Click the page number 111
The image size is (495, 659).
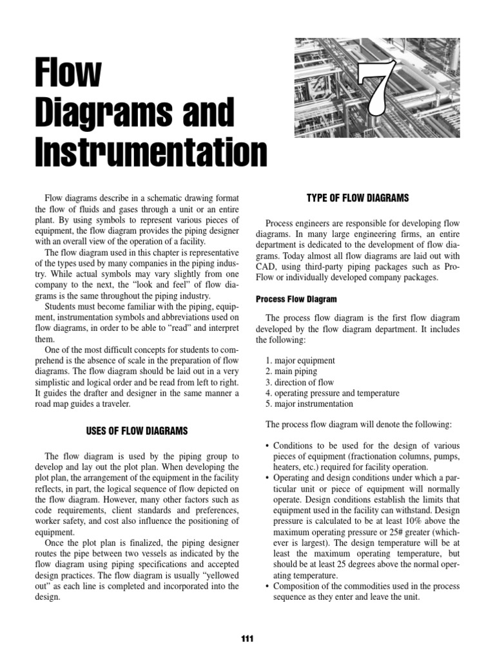coord(247,638)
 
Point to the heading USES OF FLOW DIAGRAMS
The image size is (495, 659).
coord(137,430)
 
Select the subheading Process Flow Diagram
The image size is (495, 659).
coord(296,299)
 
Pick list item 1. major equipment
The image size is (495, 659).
coord(300,360)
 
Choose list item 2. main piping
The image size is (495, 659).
coord(291,371)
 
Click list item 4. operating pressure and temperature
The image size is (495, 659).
coord(332,393)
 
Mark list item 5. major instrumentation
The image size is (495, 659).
coord(309,404)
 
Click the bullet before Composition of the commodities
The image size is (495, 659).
coord(267,586)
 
